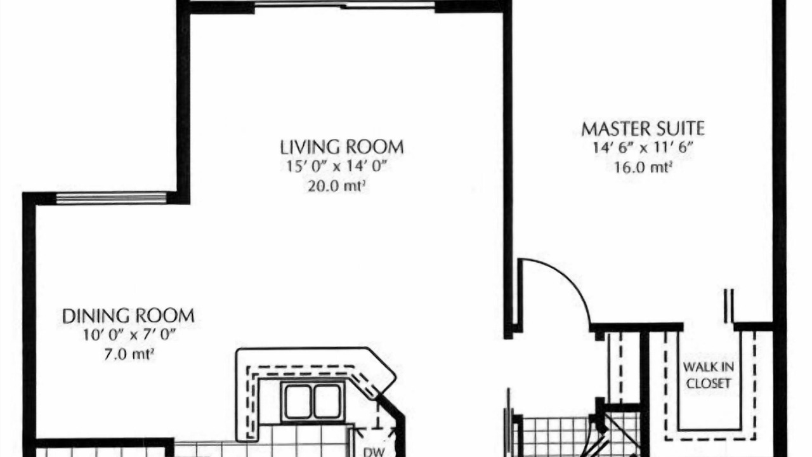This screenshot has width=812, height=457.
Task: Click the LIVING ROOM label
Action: click(x=342, y=147)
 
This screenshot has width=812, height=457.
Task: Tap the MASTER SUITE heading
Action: click(x=643, y=129)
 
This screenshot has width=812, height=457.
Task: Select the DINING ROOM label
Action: click(x=128, y=316)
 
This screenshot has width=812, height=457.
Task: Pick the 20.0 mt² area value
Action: click(x=336, y=186)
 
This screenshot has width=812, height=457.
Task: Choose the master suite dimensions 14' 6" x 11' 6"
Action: click(x=643, y=148)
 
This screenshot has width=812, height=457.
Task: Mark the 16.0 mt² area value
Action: click(x=643, y=168)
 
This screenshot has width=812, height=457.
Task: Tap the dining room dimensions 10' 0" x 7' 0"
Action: click(x=129, y=334)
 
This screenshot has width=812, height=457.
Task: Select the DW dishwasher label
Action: click(x=374, y=452)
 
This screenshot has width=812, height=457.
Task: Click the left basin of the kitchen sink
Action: click(x=298, y=402)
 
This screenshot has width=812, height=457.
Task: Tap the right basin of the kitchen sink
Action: click(x=327, y=402)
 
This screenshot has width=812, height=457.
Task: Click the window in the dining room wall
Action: click(x=111, y=199)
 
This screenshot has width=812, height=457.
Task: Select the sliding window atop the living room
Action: click(x=344, y=5)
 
